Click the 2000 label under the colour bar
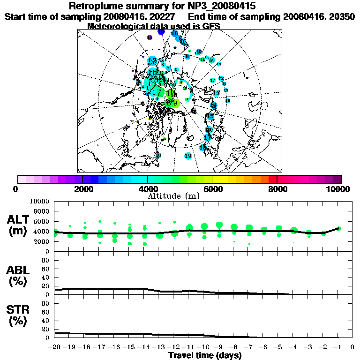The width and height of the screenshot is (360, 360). tap(82, 189)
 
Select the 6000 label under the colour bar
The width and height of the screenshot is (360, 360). tap(212, 189)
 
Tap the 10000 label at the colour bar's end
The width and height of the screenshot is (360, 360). tap(338, 189)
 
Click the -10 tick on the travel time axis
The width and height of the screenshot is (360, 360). tap(203, 347)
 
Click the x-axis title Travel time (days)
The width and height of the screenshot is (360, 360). tap(205, 355)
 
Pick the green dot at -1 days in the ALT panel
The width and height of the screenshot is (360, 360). tap(338, 229)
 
